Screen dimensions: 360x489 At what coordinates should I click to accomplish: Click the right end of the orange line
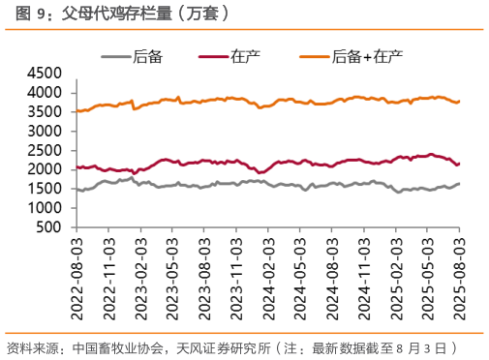tap(459, 101)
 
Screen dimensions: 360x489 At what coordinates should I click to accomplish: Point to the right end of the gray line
tap(459, 184)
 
